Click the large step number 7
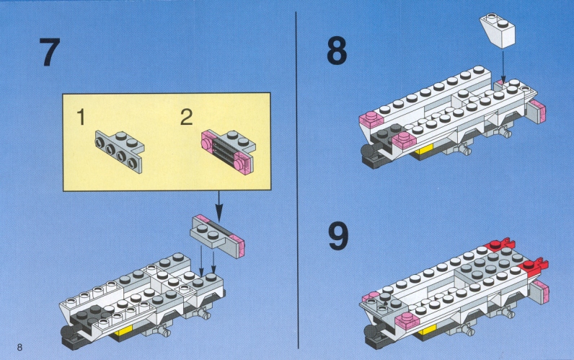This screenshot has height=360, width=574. click(x=50, y=52)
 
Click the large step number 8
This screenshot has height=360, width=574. click(x=337, y=51)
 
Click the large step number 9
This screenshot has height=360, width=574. click(x=338, y=237)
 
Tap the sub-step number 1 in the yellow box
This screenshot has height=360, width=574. click(x=81, y=117)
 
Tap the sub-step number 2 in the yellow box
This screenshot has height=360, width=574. click(x=186, y=117)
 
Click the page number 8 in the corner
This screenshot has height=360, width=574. click(x=19, y=347)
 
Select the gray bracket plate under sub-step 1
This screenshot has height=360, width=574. click(x=119, y=151)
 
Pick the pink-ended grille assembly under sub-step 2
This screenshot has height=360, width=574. click(x=228, y=152)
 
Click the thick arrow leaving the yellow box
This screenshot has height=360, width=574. click(x=218, y=206)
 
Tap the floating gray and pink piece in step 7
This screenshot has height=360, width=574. click(x=217, y=236)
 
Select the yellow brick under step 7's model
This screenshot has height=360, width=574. click(x=123, y=332)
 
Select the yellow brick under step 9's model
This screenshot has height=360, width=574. click(x=427, y=331)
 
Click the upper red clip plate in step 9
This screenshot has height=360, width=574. click(x=500, y=245)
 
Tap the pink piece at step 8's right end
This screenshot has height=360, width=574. click(x=537, y=111)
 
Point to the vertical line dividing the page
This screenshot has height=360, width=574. click(x=297, y=180)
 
